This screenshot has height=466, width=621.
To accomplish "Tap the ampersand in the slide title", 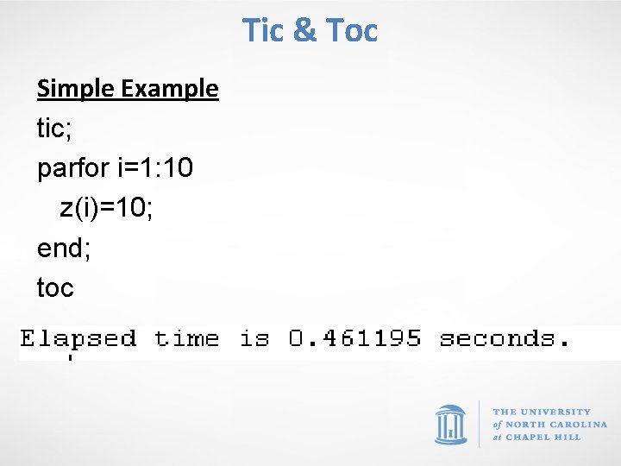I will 304,30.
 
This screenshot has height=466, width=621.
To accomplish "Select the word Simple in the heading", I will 77,88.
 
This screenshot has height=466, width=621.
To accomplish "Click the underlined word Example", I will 170,88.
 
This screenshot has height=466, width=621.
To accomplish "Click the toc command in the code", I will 56,287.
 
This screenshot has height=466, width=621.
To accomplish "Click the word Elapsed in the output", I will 78,338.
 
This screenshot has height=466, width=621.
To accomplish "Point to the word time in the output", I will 186,338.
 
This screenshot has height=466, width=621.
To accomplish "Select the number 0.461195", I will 354,338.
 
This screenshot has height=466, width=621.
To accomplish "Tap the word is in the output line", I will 254,338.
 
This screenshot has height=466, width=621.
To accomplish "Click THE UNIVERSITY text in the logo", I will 542,412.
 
